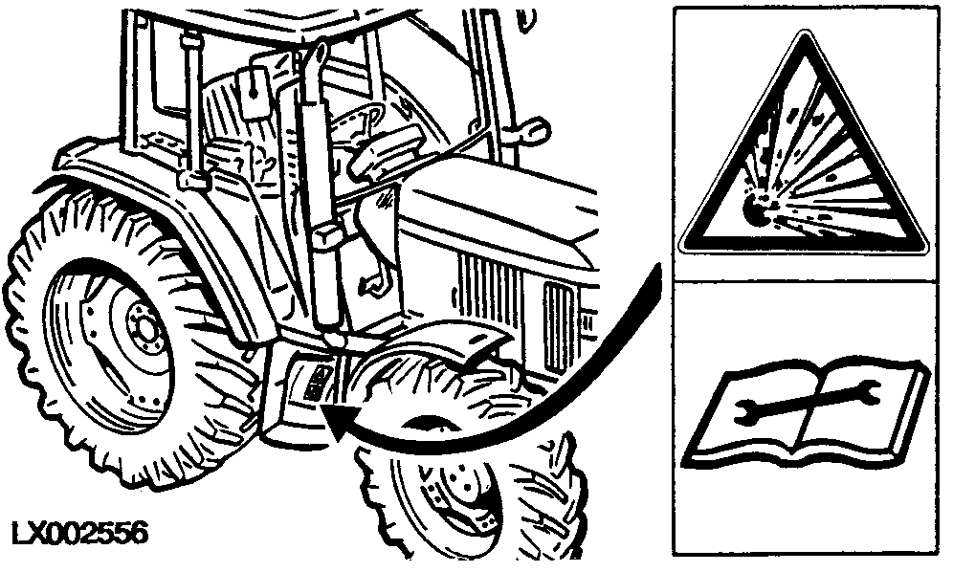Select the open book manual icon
coord(806,413)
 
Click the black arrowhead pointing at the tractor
coord(339,421)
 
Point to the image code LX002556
coord(79,534)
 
